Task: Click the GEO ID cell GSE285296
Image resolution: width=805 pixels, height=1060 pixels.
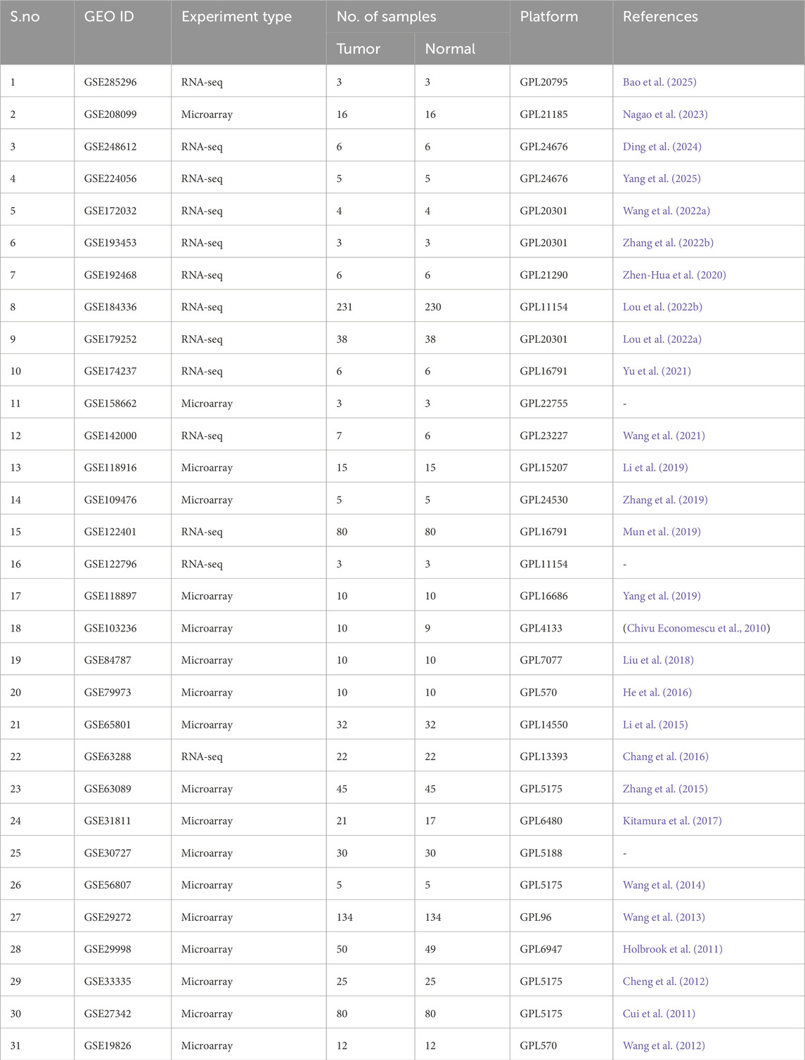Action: [x=110, y=82]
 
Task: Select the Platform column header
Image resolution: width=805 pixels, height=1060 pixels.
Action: [x=548, y=17]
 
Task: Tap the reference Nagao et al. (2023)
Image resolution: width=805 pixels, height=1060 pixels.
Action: [x=664, y=114]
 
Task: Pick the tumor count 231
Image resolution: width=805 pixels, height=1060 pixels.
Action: [x=344, y=307]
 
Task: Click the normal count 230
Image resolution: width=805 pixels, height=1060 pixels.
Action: [x=433, y=307]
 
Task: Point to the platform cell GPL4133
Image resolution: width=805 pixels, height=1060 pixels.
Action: [x=541, y=628]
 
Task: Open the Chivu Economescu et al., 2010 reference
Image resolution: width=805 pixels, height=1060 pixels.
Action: [x=697, y=628]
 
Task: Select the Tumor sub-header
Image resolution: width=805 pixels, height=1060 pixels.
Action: [x=358, y=49]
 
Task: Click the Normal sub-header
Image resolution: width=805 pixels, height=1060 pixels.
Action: [x=450, y=49]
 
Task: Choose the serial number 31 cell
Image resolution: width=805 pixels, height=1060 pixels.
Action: [x=15, y=1046]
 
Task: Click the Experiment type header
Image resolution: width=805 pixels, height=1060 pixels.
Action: [x=236, y=17]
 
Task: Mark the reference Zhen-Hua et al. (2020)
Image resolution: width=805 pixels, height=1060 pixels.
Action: [x=674, y=275]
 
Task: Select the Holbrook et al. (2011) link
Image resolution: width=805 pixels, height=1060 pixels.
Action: [x=672, y=950]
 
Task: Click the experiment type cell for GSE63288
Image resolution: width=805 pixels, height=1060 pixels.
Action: [x=202, y=757]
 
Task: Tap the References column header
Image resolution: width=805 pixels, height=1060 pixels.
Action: [x=659, y=17]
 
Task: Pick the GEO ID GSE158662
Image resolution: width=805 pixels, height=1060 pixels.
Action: [x=110, y=404]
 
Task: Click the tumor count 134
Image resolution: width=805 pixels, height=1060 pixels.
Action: [x=344, y=917]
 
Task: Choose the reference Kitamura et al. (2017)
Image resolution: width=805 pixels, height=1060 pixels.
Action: [x=671, y=821]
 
